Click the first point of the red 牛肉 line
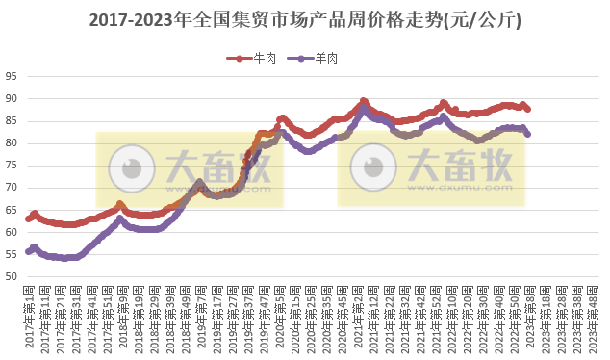tap(29, 219)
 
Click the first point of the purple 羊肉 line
tap(29, 252)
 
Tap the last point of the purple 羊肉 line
tap(527, 134)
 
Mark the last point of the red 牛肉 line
tap(527, 109)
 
